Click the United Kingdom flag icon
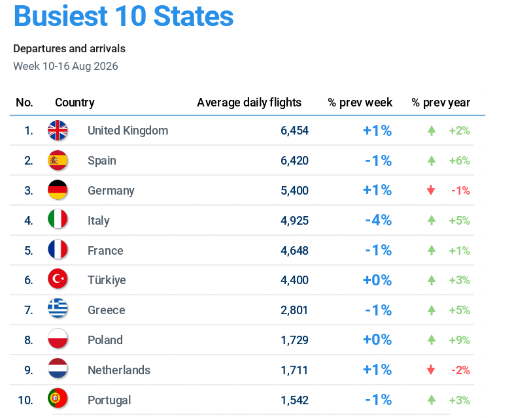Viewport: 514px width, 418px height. click(x=58, y=130)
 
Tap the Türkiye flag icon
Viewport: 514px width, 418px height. click(x=58, y=279)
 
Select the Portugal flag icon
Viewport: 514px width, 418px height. click(x=58, y=398)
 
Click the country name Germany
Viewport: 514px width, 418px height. click(x=111, y=191)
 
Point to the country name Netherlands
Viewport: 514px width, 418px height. click(x=119, y=370)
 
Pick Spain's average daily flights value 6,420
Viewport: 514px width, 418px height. click(x=294, y=161)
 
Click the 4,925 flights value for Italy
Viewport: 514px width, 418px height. click(x=294, y=221)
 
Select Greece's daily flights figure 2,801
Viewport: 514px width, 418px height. click(x=294, y=310)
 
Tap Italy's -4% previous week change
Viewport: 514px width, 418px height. click(x=378, y=220)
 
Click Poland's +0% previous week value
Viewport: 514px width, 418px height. click(x=377, y=340)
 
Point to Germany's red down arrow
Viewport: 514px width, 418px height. click(x=431, y=190)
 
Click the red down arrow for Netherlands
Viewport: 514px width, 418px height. click(x=431, y=370)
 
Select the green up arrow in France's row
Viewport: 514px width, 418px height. click(x=432, y=250)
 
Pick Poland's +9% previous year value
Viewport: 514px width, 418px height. click(x=460, y=340)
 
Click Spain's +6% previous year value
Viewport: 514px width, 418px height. click(x=460, y=161)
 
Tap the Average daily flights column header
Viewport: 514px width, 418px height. click(x=249, y=103)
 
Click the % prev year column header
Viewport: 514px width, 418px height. click(x=441, y=103)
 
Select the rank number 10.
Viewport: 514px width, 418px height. click(x=26, y=400)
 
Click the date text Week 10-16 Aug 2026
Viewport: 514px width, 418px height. click(x=65, y=66)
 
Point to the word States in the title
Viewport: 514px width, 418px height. click(x=194, y=16)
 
